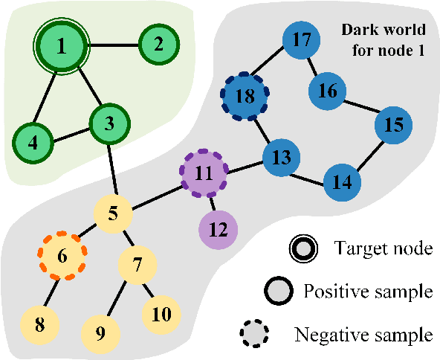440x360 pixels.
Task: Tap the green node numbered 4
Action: pyautogui.click(x=32, y=140)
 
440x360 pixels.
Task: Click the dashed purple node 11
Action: pyautogui.click(x=205, y=173)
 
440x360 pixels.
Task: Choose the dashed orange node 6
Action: pyautogui.click(x=62, y=255)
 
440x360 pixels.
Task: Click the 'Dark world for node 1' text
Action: pyautogui.click(x=383, y=39)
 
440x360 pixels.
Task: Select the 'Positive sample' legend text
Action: pyautogui.click(x=367, y=291)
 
